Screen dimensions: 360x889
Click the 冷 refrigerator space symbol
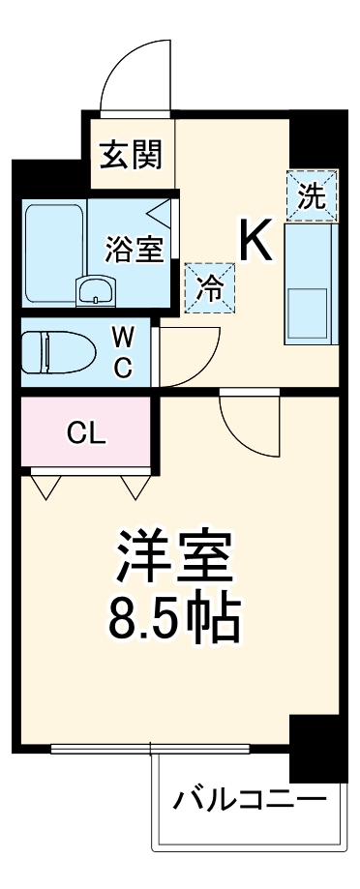coord(209,286)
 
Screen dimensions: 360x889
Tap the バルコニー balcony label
coord(249,800)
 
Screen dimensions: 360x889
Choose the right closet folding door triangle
coord(134,485)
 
